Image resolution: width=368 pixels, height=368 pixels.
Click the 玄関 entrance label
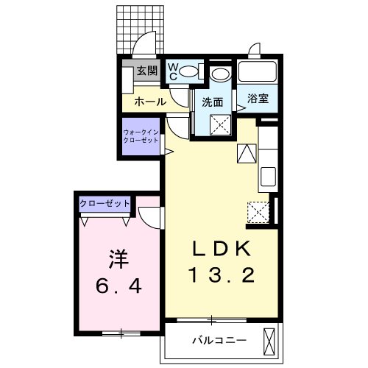pyautogui.click(x=147, y=71)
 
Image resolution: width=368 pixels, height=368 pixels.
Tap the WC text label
pyautogui.click(x=174, y=71)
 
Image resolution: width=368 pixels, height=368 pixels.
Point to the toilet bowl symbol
pyautogui.click(x=190, y=71)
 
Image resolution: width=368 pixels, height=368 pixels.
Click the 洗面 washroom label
pyautogui.click(x=213, y=102)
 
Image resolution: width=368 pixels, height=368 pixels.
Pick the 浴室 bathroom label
pyautogui.click(x=258, y=97)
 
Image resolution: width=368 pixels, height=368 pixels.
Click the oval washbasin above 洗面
pyautogui.click(x=219, y=74)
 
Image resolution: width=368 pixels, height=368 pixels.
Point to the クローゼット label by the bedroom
pyautogui.click(x=105, y=202)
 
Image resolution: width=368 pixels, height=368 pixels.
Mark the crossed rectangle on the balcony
pyautogui.click(x=270, y=341)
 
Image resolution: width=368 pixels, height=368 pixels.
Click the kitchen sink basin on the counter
pyautogui.click(x=268, y=177)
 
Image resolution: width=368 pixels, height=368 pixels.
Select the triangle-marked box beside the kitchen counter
pyautogui.click(x=247, y=153)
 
